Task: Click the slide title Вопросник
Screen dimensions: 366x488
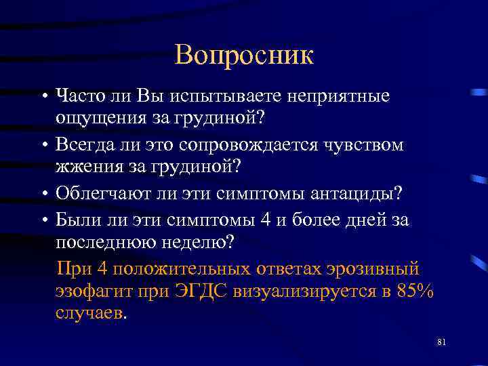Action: [x=244, y=55]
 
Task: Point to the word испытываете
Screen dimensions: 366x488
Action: [x=226, y=96]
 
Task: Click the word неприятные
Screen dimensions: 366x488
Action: [x=338, y=96]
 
